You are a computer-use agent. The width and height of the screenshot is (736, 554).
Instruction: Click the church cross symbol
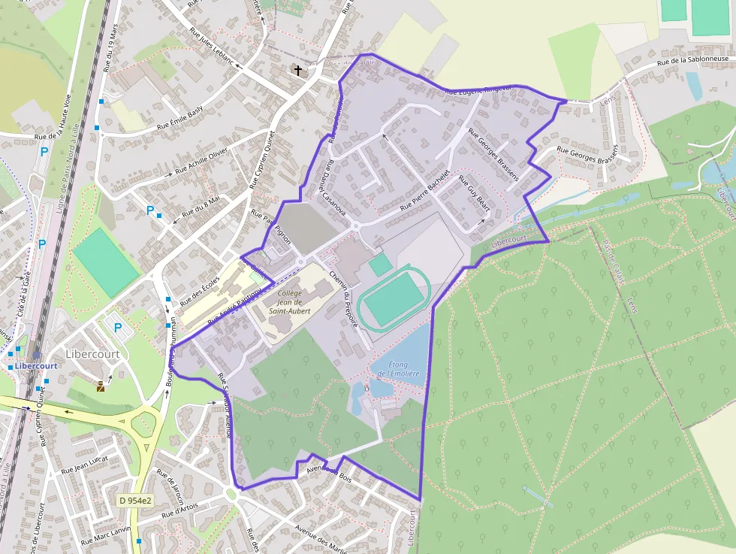pyautogui.click(x=298, y=70)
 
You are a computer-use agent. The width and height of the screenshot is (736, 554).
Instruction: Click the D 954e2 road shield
pyautogui.click(x=136, y=500)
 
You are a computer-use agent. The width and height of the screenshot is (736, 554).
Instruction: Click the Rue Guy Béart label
pyautogui.click(x=474, y=194)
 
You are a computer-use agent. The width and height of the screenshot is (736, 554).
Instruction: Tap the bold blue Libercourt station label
pyautogui.click(x=36, y=366)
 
